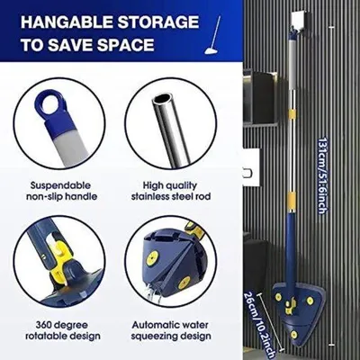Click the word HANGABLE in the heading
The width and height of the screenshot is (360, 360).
point(67,22)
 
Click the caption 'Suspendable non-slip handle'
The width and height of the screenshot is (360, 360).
point(62,191)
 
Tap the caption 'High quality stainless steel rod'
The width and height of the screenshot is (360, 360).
point(171,191)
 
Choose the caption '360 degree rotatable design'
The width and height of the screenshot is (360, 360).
point(62,330)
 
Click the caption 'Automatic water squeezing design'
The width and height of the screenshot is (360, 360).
point(171,330)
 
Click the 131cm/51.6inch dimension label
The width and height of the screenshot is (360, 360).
point(321,175)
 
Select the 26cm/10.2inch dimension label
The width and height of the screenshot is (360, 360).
point(259,324)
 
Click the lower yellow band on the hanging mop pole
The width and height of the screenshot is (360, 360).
point(292,198)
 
